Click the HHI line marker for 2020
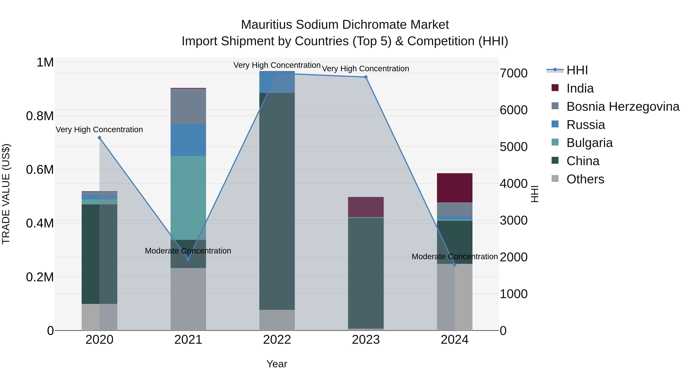tap(99, 138)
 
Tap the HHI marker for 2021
tap(188, 259)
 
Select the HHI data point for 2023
tap(366, 77)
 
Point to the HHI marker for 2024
tap(455, 265)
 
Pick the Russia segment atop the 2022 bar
tap(277, 82)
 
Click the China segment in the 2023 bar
tap(366, 273)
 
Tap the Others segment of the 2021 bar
tap(188, 299)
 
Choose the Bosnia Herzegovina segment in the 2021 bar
tap(188, 106)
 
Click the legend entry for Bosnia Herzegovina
tap(623, 107)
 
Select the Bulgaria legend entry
tap(589, 143)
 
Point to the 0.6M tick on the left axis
tap(40, 170)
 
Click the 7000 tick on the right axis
tap(513, 73)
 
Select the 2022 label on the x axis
tap(277, 340)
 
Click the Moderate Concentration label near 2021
tap(188, 251)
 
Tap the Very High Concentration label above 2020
tap(99, 129)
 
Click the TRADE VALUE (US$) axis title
tap(6, 194)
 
